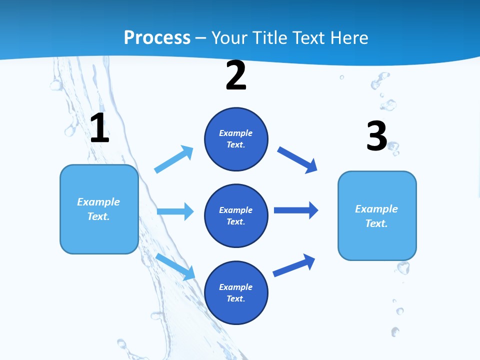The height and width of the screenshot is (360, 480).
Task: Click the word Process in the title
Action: click(157, 37)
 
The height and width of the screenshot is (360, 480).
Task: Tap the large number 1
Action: click(99, 128)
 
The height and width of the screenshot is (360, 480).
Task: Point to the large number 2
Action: click(236, 76)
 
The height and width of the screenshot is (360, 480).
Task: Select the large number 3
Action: click(376, 136)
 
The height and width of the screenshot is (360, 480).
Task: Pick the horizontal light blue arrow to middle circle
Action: click(175, 211)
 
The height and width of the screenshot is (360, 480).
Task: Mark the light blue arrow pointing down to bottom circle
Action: click(175, 266)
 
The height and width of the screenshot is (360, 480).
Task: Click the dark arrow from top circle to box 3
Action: click(297, 159)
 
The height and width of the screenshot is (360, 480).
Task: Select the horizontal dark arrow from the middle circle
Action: click(295, 210)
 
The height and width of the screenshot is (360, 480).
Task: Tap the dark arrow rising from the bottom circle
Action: click(294, 265)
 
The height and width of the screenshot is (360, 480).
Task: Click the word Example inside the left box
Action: click(98, 202)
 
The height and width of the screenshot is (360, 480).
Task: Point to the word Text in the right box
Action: click(376, 223)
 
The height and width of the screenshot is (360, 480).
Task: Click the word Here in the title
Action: click(348, 37)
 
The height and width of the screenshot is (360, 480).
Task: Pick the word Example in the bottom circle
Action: click(236, 287)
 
